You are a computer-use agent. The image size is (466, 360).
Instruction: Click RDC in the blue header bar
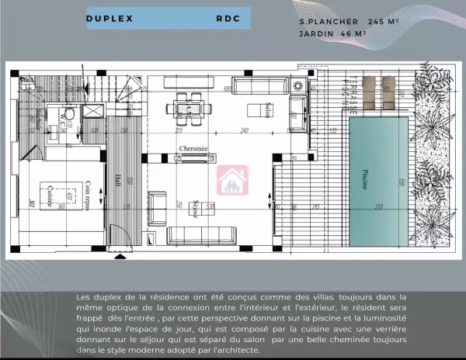[228, 19]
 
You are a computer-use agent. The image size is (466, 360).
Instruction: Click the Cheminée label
[193, 148]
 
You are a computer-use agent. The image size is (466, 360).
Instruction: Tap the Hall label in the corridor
[116, 179]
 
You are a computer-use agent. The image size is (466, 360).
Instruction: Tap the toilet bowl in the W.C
[69, 114]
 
